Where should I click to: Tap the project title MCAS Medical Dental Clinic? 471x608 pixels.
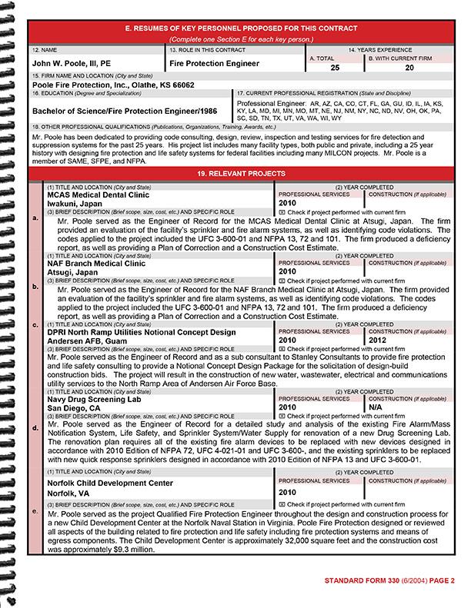coord(99,195)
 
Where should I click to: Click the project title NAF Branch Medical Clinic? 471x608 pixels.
coord(96,263)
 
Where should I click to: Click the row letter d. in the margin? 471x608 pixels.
coord(35,427)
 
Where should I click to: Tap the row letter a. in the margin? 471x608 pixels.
coord(35,218)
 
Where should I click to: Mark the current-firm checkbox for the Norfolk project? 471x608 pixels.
coord(282,504)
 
